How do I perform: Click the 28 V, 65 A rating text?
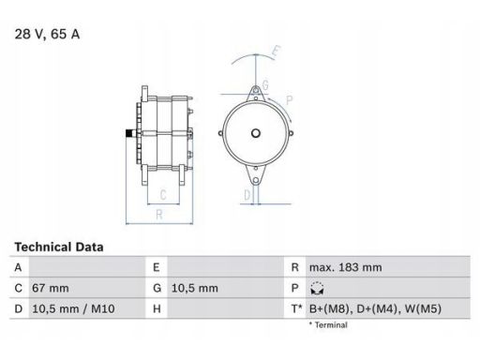[47, 34]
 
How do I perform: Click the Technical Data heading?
[59, 247]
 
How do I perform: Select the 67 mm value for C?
[51, 288]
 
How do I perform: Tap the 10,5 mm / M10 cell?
[73, 308]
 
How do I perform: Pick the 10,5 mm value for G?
[195, 288]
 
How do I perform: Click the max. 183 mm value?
[345, 267]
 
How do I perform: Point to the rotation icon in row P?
[317, 288]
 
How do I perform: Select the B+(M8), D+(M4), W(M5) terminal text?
[375, 308]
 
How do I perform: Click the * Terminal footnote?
[328, 325]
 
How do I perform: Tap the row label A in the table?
[18, 267]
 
